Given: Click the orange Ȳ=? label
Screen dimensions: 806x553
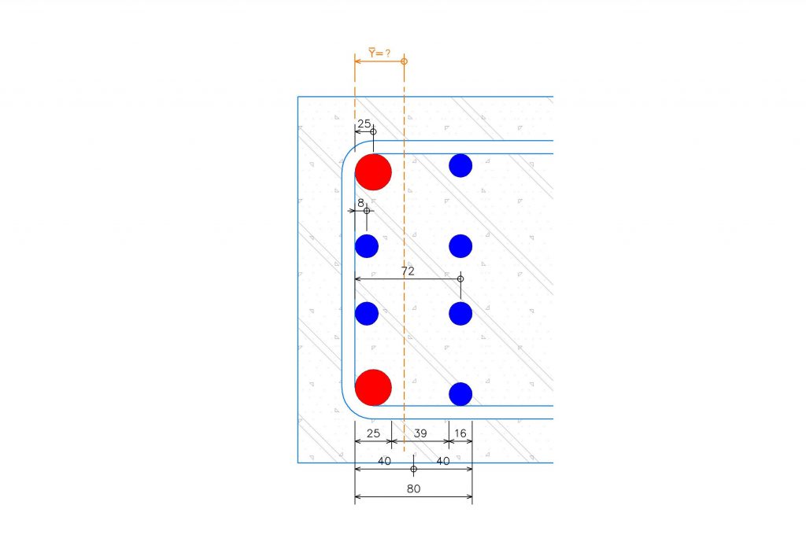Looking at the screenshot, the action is click(x=379, y=53).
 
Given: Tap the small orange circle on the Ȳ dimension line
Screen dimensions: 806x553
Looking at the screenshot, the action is click(x=404, y=61).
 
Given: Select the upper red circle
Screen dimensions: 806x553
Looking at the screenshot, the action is click(x=373, y=172).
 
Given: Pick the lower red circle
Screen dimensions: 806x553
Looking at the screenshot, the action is click(x=373, y=388).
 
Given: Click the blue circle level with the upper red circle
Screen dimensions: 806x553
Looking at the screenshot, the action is click(x=460, y=165).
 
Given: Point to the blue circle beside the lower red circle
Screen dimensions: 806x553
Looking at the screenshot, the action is click(x=460, y=394).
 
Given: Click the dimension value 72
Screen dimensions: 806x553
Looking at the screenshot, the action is click(x=408, y=271).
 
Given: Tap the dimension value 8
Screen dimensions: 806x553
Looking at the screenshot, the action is click(x=360, y=203).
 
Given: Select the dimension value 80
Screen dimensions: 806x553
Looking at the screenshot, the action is click(x=414, y=488).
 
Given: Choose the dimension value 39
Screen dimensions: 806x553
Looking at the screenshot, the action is click(x=420, y=433).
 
